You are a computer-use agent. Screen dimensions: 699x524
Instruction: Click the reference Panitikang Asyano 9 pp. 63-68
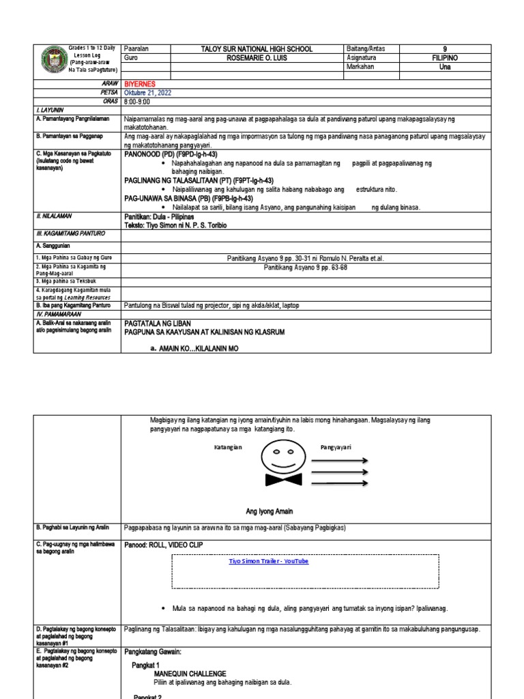[x=306, y=267]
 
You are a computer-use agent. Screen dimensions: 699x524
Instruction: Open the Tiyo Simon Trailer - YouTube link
[x=268, y=560]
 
